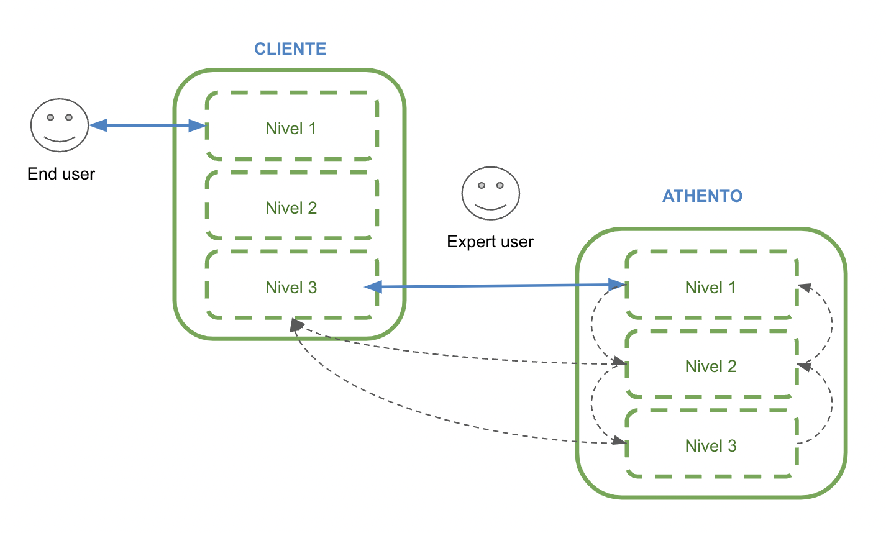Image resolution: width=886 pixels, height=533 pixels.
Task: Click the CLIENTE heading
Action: [290, 49]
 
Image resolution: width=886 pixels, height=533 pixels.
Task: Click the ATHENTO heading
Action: [702, 196]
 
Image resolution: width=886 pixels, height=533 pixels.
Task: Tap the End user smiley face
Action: [60, 125]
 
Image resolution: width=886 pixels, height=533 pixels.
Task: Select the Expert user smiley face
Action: [490, 193]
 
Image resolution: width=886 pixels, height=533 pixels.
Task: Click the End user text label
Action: [61, 174]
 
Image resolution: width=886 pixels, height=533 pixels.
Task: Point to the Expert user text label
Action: [490, 242]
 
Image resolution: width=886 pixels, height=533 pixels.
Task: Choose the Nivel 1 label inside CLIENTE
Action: [291, 129]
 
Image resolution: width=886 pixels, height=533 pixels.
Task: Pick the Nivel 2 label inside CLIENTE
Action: [291, 208]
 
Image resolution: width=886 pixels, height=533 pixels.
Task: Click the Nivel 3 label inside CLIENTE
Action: [291, 288]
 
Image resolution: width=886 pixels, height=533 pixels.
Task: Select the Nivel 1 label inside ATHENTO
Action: [710, 288]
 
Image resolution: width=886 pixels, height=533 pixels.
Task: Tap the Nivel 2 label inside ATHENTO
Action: [711, 367]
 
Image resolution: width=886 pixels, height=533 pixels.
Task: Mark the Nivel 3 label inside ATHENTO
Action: [711, 446]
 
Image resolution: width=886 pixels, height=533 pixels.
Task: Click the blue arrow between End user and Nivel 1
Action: [148, 126]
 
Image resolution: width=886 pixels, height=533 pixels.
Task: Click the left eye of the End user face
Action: [51, 117]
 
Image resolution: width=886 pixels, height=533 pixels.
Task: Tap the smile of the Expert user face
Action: [490, 206]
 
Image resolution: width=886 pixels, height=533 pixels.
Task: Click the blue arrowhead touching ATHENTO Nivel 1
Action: [618, 285]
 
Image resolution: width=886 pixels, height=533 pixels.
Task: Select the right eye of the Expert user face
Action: [500, 185]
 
